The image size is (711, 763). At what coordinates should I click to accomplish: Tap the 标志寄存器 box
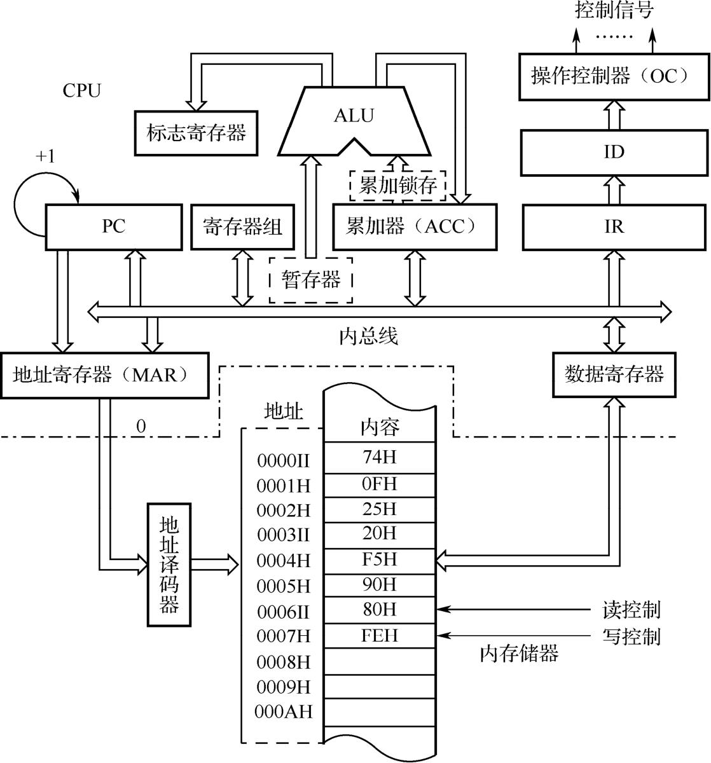pos(195,133)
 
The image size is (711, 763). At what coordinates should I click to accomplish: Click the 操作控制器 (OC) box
pos(614,77)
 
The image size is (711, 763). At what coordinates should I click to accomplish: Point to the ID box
pos(614,152)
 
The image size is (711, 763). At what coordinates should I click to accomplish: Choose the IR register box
pos(614,227)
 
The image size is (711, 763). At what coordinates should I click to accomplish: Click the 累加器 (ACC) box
pos(415,226)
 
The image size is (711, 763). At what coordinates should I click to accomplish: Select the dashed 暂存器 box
pos(311,280)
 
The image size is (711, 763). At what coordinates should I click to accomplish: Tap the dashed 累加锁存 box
pos(398,186)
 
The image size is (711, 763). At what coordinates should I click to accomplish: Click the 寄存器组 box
pos(242,226)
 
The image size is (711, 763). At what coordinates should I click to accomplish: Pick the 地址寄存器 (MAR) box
pos(104,375)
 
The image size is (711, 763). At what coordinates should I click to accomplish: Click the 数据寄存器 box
pos(614,374)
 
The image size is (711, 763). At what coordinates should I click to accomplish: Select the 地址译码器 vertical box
pos(169,564)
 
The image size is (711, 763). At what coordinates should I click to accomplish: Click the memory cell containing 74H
pos(380,458)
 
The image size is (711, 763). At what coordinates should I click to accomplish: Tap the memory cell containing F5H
pos(380,560)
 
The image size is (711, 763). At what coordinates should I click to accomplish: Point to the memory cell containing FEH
pos(380,635)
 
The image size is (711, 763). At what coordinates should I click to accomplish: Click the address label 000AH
pos(284,711)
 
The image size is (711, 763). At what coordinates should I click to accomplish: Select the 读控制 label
pos(631,610)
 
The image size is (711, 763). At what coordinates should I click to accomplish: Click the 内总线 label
pos(369,336)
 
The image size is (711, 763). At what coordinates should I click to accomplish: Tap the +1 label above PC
pos(45,156)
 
